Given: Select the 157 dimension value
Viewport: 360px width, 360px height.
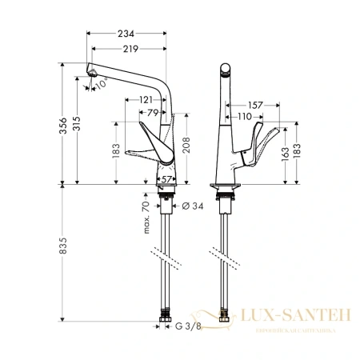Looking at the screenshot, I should tap(256, 104).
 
